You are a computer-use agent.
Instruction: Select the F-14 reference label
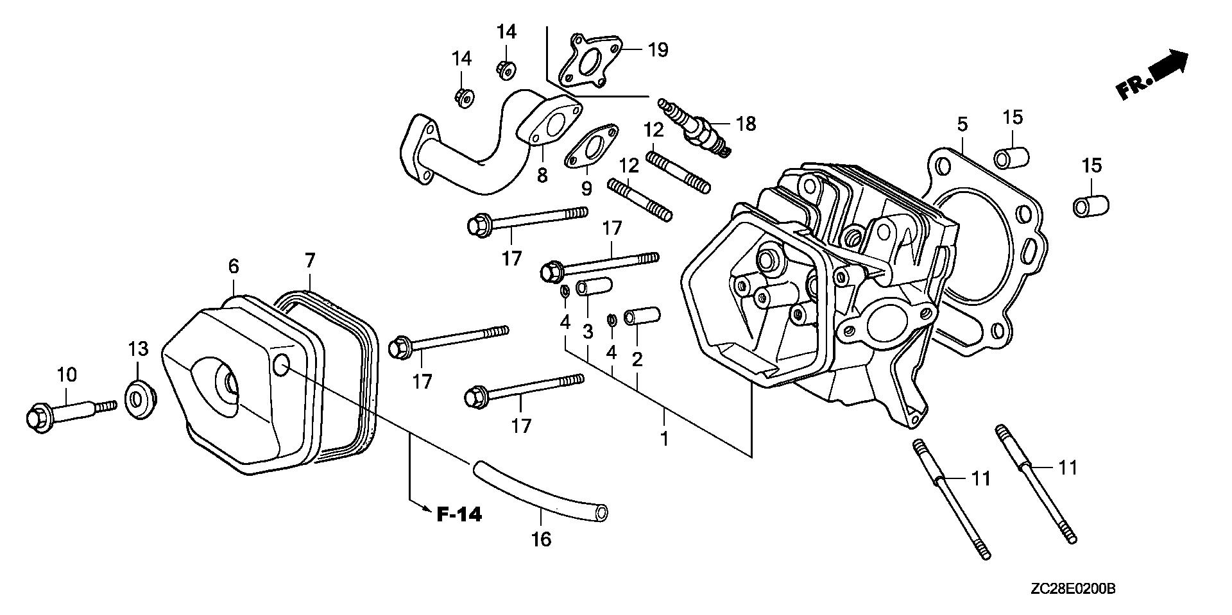pyautogui.click(x=459, y=514)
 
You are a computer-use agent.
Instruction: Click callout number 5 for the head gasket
pyautogui.click(x=962, y=124)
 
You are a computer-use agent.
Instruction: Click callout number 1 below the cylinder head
pyautogui.click(x=665, y=439)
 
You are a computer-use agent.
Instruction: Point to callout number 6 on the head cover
pyautogui.click(x=233, y=265)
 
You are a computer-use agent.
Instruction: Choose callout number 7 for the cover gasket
pyautogui.click(x=310, y=260)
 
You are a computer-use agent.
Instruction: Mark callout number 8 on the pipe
pyautogui.click(x=543, y=175)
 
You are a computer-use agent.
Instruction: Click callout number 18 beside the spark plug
pyautogui.click(x=746, y=123)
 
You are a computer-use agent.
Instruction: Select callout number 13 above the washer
pyautogui.click(x=138, y=349)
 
